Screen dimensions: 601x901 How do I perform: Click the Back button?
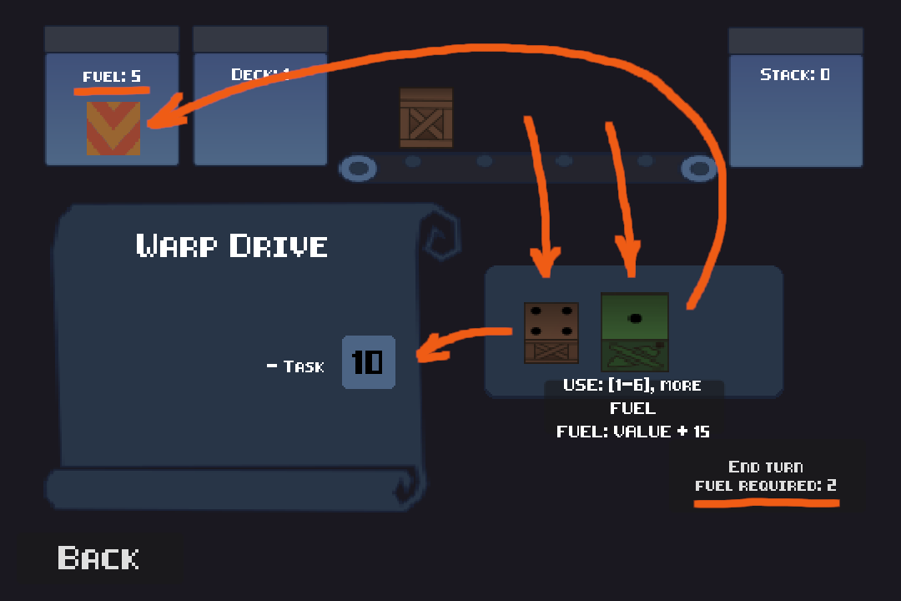tap(98, 558)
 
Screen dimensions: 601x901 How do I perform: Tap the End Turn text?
tap(765, 467)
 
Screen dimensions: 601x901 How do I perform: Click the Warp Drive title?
tap(232, 246)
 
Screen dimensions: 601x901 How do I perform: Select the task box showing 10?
tap(368, 362)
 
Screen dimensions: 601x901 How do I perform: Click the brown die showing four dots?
tap(551, 332)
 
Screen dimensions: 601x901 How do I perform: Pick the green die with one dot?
tap(635, 331)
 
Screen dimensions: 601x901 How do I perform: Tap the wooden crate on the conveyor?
tap(426, 118)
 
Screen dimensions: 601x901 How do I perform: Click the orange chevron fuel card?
tap(113, 128)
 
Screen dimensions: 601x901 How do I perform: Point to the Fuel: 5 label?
tap(112, 77)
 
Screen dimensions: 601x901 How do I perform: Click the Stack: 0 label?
tap(795, 74)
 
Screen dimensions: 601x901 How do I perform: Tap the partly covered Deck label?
tap(259, 74)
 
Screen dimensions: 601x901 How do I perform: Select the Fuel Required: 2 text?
tap(765, 486)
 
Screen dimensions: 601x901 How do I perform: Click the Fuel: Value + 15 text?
tap(633, 432)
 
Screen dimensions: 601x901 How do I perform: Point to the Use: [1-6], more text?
tap(632, 386)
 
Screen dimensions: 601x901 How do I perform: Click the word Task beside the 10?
tap(303, 366)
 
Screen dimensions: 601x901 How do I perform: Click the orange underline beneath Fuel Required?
tap(767, 503)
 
